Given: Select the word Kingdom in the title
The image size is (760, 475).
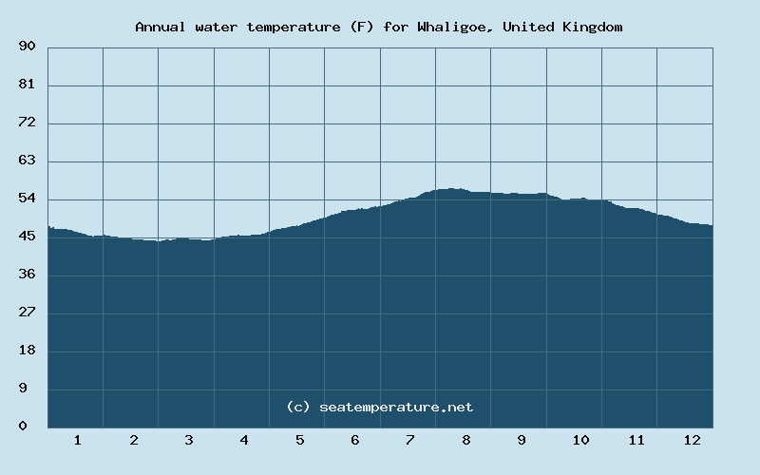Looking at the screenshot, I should click(591, 27).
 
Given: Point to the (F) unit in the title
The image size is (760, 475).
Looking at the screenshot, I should click(361, 27).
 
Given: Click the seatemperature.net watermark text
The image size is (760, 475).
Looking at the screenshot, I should click(379, 407).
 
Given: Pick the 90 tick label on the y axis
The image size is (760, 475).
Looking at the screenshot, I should click(27, 47).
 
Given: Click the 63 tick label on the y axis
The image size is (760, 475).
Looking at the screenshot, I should click(27, 161).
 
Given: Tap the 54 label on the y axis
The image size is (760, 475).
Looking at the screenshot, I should click(27, 199).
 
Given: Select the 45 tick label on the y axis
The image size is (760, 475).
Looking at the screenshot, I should click(27, 237).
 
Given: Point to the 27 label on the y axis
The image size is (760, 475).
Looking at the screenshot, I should click(27, 313).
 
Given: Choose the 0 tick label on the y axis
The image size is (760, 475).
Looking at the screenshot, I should click(23, 427).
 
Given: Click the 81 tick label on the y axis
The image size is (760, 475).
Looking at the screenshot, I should click(27, 85).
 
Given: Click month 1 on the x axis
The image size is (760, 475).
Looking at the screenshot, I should click(77, 441).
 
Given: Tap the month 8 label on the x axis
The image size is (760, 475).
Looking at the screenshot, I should click(466, 441).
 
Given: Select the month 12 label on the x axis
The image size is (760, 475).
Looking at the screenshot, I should click(692, 441).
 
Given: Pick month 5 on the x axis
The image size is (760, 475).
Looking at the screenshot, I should click(299, 441).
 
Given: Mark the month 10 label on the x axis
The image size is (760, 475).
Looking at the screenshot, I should click(580, 441).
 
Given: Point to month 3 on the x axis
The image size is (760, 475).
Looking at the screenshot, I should click(188, 441).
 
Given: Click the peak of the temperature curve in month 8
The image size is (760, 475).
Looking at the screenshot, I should click(452, 189).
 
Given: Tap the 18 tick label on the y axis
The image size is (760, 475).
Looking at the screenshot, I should click(27, 351).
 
